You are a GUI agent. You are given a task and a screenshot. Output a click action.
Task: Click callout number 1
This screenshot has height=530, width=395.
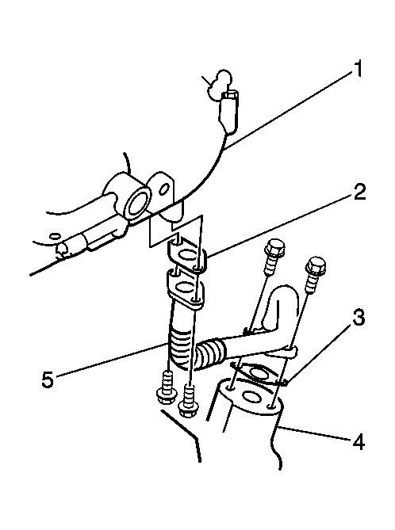(x=355, y=68)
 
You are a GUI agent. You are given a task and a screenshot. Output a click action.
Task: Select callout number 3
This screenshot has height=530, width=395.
(x=358, y=318)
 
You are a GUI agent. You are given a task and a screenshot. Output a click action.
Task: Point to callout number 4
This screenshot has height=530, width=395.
(x=358, y=442)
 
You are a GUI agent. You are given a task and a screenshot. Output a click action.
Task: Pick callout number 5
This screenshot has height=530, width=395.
(x=48, y=379)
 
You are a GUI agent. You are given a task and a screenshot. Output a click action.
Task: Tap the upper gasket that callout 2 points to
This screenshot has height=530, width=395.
(x=187, y=256)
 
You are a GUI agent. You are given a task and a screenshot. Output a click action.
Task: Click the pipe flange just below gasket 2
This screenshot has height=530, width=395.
(x=186, y=289)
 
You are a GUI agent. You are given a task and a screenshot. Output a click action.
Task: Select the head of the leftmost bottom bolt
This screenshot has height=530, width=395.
(x=166, y=395)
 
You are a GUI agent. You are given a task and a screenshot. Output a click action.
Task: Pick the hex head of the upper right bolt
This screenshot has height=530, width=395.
(x=316, y=264)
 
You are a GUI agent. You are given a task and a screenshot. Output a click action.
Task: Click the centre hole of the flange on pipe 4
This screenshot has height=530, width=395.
(x=251, y=396)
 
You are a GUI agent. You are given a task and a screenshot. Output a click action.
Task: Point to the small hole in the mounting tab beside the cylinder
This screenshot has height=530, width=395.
(x=165, y=189)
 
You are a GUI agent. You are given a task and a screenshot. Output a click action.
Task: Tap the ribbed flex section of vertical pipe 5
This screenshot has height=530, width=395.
(x=180, y=346)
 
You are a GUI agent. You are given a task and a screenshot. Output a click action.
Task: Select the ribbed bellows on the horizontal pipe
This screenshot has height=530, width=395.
(x=210, y=353)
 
